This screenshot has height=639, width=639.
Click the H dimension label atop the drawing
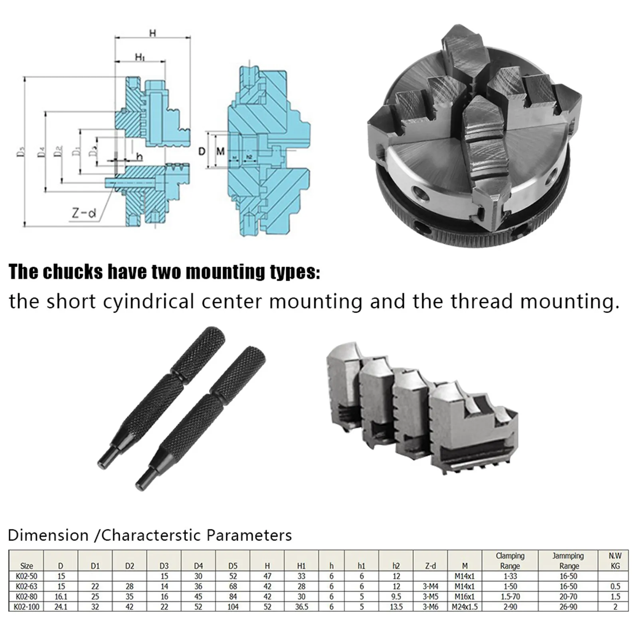coord(152,33)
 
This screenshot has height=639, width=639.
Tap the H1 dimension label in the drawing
coord(139,57)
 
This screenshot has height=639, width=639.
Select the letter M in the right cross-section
coord(220,151)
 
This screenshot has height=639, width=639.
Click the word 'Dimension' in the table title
coord(48,535)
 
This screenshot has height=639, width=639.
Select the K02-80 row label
coord(26,597)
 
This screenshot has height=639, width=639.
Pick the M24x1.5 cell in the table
coord(465,607)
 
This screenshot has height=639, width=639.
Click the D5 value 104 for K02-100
coord(233,607)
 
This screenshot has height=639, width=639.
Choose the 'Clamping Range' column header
coord(510,560)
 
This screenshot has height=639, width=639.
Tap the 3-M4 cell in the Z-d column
coord(430,586)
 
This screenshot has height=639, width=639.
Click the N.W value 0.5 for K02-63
coord(615,586)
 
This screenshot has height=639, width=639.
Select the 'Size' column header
coord(26,566)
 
